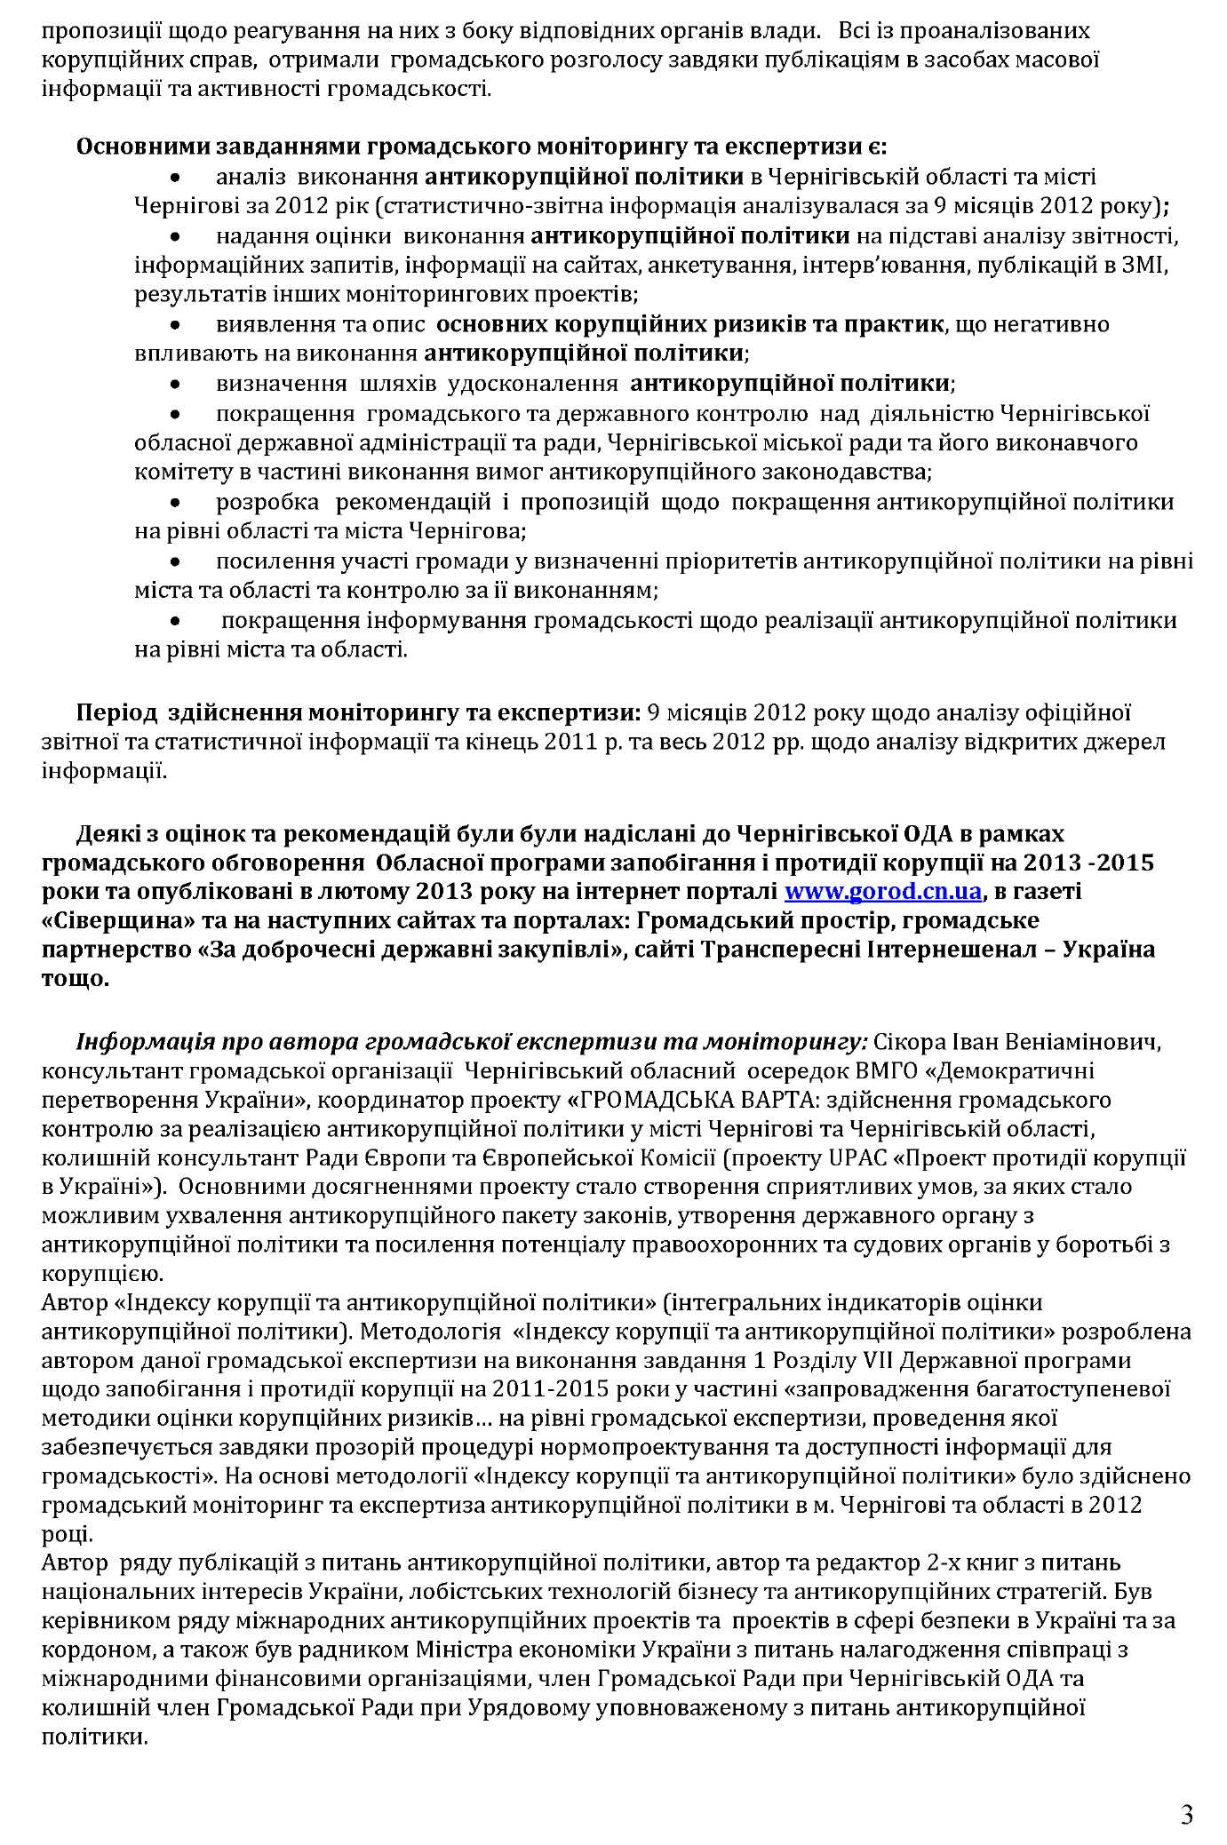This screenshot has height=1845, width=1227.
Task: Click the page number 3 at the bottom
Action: pyautogui.click(x=1186, y=1791)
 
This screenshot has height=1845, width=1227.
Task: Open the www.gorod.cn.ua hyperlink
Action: pyautogui.click(x=885, y=891)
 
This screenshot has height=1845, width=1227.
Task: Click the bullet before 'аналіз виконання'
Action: pyautogui.click(x=177, y=179)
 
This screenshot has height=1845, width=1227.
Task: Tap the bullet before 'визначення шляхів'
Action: pyautogui.click(x=177, y=386)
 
